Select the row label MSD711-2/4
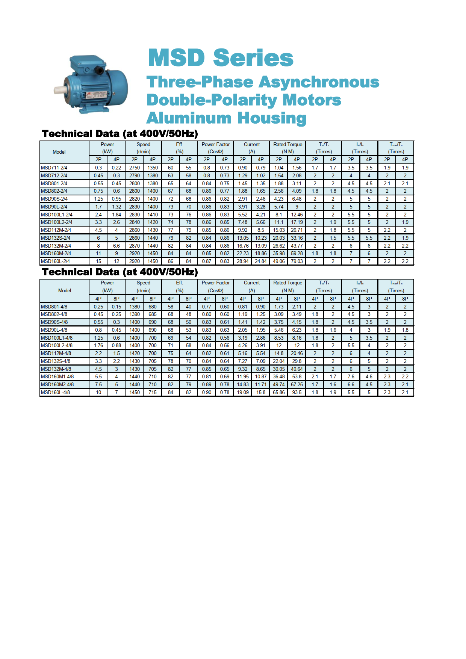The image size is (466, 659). [x=54, y=168]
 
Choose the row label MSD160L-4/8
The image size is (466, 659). [x=55, y=393]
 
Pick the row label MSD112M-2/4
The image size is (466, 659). [x=56, y=230]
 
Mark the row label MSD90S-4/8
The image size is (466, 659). [x=54, y=322]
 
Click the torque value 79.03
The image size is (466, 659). [x=297, y=261]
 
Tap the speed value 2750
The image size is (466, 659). [x=135, y=168]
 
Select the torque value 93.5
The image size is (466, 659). [x=297, y=393]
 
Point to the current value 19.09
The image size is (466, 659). [x=243, y=393]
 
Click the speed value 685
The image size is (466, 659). [x=153, y=314]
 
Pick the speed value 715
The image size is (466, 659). [x=153, y=393]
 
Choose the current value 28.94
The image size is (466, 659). [x=243, y=261]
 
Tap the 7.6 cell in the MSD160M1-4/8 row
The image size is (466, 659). [x=351, y=377]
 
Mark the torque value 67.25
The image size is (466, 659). [x=297, y=385]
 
